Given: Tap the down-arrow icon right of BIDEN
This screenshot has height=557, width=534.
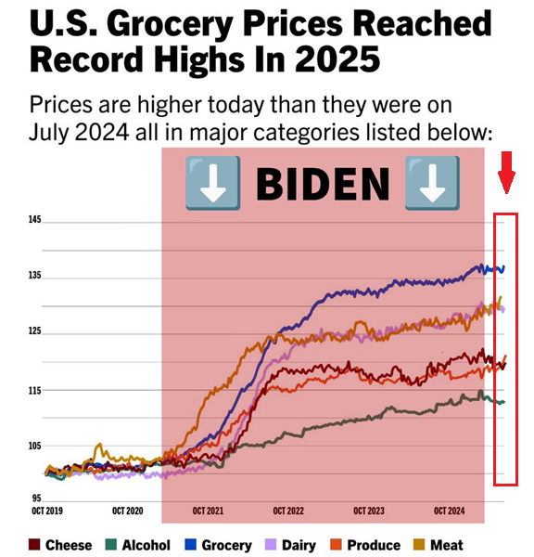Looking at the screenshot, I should click(432, 181).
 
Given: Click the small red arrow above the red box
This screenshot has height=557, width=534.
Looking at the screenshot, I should click(506, 174).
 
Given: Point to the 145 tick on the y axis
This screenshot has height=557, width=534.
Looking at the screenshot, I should click(34, 220).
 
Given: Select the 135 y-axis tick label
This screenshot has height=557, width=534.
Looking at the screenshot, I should click(34, 276).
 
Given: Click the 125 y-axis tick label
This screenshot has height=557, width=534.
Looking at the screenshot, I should click(34, 331).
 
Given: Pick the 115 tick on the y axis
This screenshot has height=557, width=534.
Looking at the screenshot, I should click(34, 391).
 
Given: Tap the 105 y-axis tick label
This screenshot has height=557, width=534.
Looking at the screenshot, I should click(34, 447).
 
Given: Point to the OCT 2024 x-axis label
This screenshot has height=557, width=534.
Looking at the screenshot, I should click(453, 511).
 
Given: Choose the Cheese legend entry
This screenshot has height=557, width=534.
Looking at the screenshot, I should click(60, 545).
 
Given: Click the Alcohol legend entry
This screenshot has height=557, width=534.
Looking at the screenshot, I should click(137, 545).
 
